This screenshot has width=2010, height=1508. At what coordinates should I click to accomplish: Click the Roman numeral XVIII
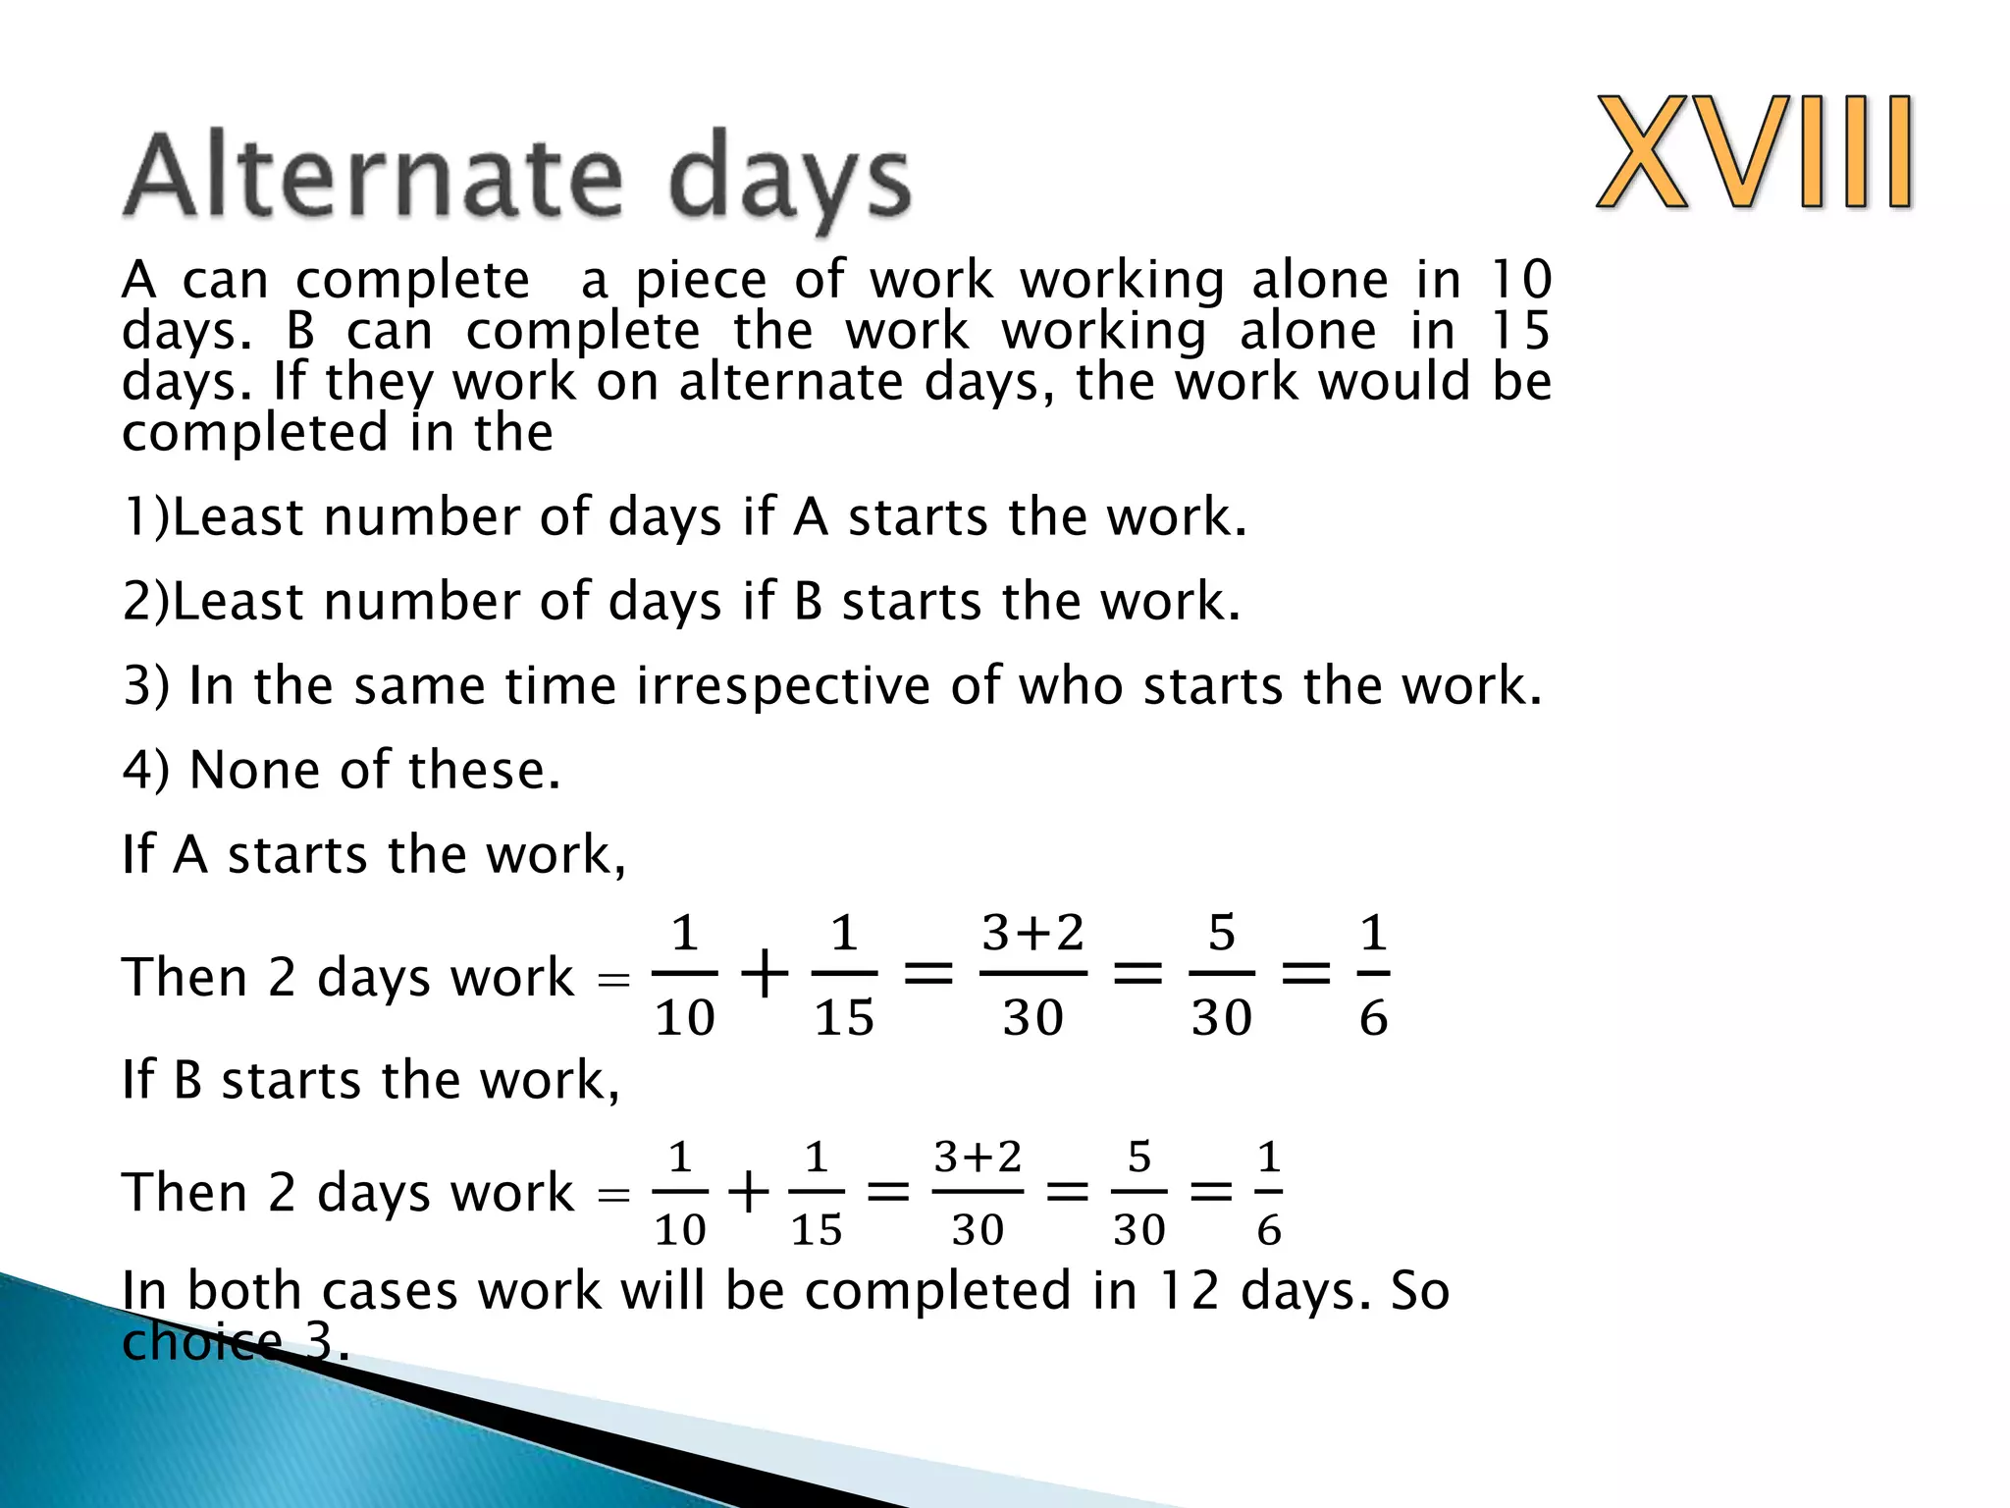(1755, 152)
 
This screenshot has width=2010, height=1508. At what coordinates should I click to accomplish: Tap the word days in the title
(789, 182)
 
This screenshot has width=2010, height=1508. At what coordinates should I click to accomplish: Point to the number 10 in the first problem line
(1519, 280)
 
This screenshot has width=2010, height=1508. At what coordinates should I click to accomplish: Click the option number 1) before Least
(145, 516)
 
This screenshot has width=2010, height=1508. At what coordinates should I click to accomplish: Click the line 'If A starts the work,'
(373, 854)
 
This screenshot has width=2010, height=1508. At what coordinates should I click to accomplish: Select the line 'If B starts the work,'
(371, 1080)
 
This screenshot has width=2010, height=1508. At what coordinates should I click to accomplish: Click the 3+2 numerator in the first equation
(1032, 933)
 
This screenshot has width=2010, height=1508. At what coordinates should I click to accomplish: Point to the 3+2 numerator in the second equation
(978, 1158)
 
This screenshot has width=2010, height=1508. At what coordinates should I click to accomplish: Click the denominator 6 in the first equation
(1373, 1018)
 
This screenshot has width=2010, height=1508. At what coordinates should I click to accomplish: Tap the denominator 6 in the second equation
(1269, 1230)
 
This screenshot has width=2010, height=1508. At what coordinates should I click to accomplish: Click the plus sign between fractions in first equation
(764, 976)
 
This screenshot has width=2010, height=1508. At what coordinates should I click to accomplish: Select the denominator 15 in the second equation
(816, 1230)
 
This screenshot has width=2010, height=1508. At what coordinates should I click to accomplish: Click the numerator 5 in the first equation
(1221, 933)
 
